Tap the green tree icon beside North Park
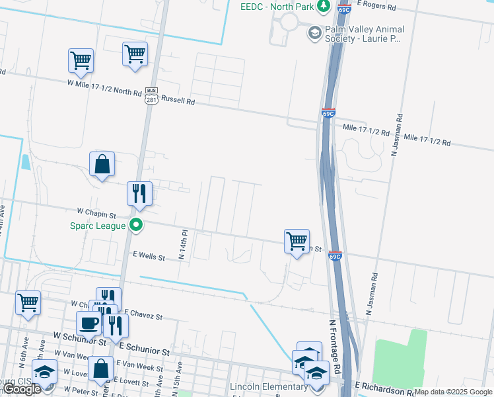pos(323,7)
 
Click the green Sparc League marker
pos(136,226)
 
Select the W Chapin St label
pos(96,214)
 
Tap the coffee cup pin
pos(88,323)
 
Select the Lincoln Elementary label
pos(261,386)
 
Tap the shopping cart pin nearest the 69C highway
pos(297,241)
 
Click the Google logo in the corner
pos(22,389)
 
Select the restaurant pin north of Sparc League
pos(139,193)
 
